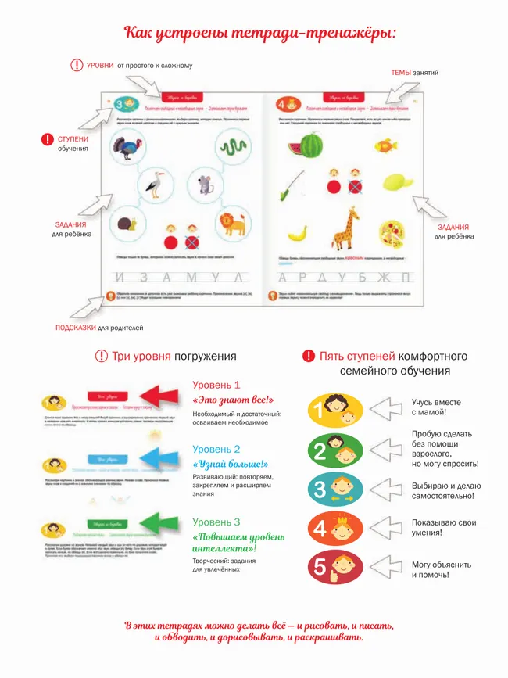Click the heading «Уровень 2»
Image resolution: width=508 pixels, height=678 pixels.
pos(216,450)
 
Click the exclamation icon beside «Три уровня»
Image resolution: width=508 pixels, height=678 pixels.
pos(102,356)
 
